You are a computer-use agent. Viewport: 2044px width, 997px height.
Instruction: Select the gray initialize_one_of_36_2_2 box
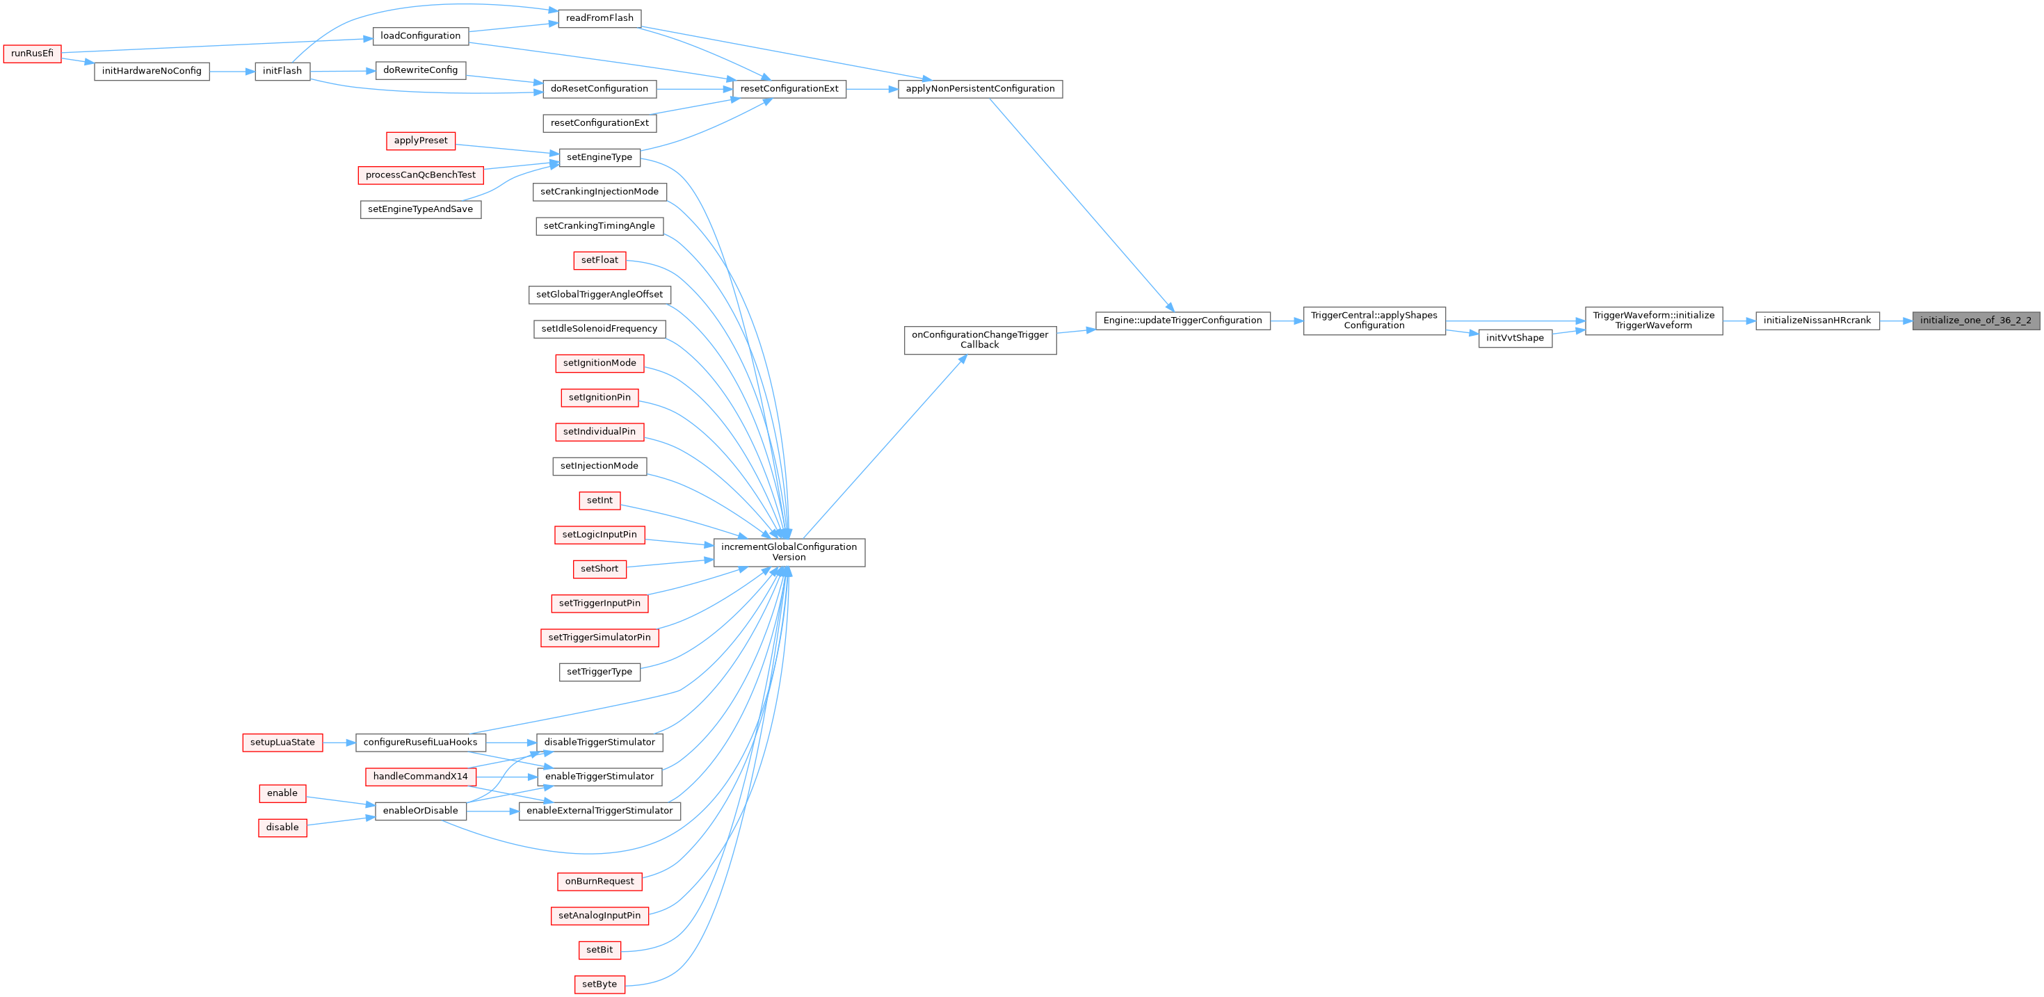tap(1976, 321)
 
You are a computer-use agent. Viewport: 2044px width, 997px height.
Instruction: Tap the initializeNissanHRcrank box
tap(1817, 321)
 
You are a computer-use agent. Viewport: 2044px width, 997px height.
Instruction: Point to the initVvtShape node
tap(1515, 338)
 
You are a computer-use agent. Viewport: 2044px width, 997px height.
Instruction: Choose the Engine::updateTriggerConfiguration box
tap(1182, 321)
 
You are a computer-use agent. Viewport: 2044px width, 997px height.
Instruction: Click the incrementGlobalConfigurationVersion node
tap(789, 552)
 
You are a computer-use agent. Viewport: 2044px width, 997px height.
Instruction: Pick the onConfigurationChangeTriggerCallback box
tap(980, 339)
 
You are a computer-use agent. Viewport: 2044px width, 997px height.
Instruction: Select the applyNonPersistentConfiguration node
tap(980, 89)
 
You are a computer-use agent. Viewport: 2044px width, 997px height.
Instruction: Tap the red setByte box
tap(599, 984)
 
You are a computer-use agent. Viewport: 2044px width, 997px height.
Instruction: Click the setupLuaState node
tap(282, 743)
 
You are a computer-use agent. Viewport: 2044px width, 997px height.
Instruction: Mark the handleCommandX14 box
tap(421, 777)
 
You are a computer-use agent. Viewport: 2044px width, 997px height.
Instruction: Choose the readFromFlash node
tap(599, 18)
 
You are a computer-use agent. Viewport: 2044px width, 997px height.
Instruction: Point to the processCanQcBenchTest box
tap(421, 175)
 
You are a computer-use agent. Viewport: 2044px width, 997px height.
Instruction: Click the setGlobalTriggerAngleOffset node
tap(599, 294)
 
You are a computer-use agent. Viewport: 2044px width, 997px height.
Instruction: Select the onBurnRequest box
tap(599, 881)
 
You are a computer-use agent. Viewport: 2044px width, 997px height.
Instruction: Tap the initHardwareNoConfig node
tap(152, 72)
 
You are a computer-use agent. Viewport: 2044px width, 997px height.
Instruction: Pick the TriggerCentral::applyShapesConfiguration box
tap(1374, 321)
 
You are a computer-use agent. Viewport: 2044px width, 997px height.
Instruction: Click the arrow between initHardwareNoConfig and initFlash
tap(232, 72)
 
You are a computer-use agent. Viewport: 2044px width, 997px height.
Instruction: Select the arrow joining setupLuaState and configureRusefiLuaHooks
tap(339, 743)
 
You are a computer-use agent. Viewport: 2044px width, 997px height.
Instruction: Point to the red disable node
tap(282, 827)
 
